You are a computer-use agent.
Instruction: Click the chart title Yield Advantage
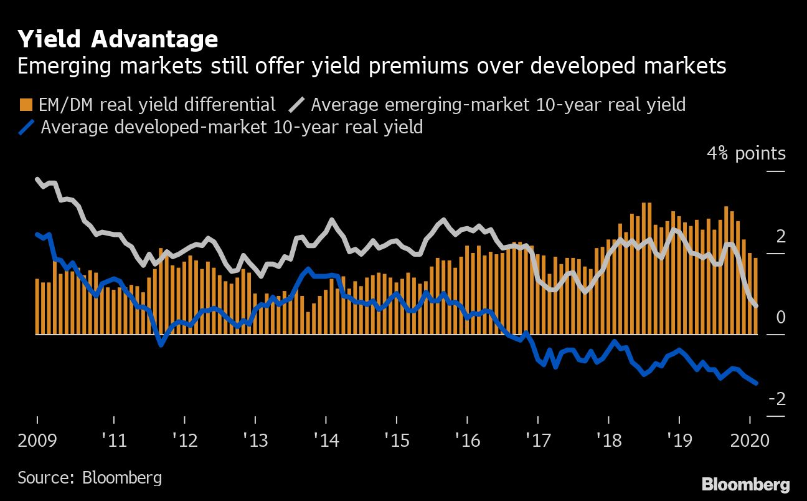click(118, 39)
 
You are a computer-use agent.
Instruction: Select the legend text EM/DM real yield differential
click(156, 104)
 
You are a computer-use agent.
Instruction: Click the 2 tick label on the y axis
click(763, 237)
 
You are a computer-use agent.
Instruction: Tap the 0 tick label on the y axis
click(763, 318)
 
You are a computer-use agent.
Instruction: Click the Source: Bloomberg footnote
click(90, 478)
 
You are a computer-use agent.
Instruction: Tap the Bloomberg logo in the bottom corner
click(745, 484)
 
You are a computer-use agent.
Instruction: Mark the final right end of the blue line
click(756, 383)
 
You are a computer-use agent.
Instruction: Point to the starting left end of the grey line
click(37, 179)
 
